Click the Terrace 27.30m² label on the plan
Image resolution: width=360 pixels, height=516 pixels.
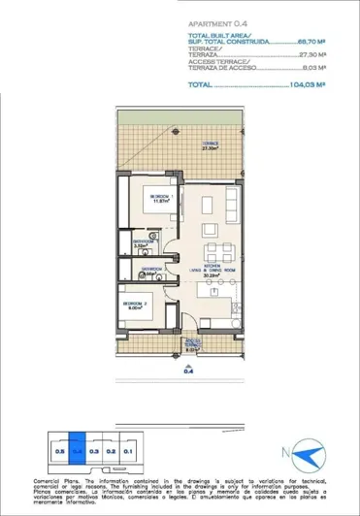[210, 147]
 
